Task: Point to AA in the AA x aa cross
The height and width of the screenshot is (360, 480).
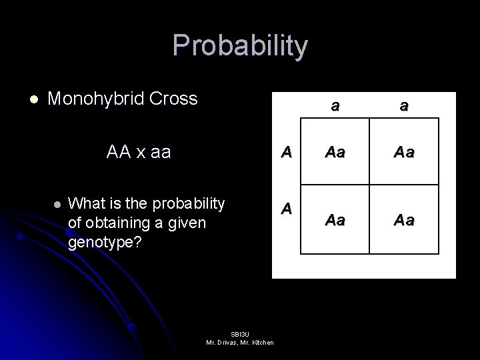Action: (119, 152)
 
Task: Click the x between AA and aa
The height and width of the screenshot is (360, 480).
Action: (142, 153)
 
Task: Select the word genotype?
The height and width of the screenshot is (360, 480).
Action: (105, 241)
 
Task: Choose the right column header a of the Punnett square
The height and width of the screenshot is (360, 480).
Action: (405, 105)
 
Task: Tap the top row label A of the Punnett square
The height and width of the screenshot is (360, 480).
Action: (286, 151)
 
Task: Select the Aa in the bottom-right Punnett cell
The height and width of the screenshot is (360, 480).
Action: (405, 219)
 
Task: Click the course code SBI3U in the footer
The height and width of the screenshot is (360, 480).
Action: (239, 333)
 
